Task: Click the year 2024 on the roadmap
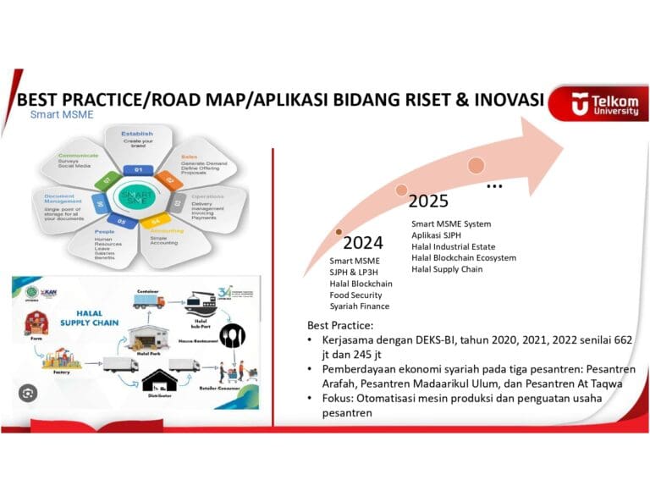(363, 244)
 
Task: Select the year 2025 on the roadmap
(428, 201)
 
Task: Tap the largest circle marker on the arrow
(476, 165)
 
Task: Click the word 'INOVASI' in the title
(506, 101)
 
